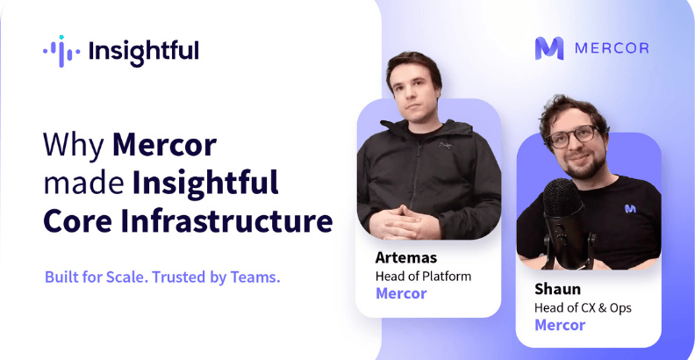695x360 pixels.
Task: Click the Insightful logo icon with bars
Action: (61, 51)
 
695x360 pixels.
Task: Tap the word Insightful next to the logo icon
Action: (144, 52)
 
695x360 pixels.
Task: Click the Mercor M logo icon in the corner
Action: (549, 48)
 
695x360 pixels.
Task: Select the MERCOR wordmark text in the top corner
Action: (612, 48)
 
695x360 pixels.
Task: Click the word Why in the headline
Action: (74, 146)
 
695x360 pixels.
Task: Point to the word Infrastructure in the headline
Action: (227, 222)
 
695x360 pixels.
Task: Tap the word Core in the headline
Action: (78, 222)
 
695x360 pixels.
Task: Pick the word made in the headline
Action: (83, 184)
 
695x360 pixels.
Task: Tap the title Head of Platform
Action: (423, 277)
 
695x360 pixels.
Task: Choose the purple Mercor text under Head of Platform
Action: (401, 293)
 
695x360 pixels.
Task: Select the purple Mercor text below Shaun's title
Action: (560, 325)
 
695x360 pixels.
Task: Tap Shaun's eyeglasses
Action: (573, 137)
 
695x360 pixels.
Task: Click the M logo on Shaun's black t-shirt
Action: (630, 208)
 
